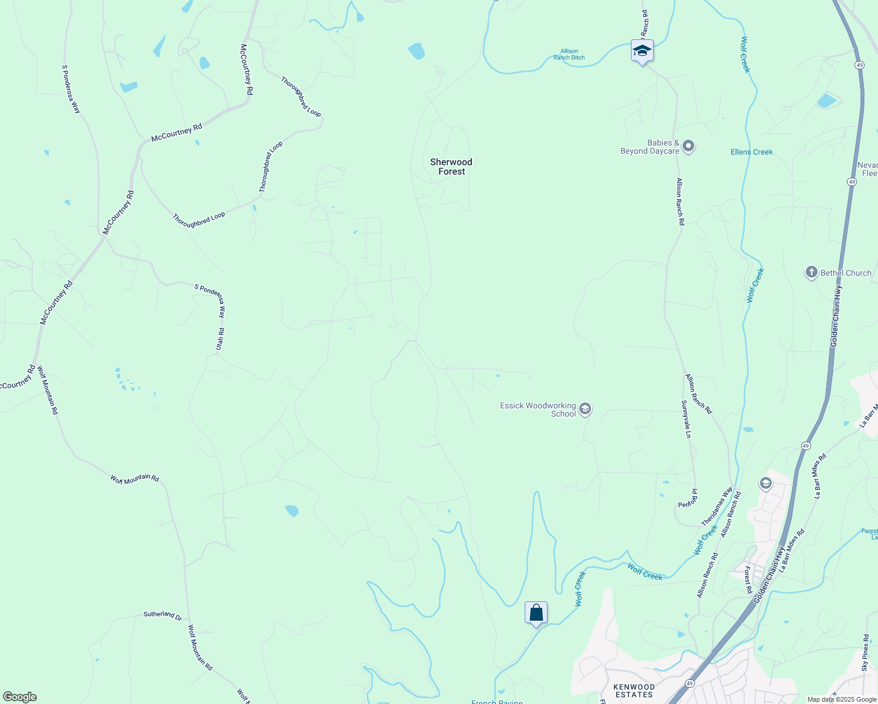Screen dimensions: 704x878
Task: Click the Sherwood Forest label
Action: pyautogui.click(x=451, y=167)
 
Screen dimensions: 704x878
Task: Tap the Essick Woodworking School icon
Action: pyautogui.click(x=585, y=409)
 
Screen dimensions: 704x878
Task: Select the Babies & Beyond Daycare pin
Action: pyautogui.click(x=688, y=146)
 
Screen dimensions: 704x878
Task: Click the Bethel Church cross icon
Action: pyautogui.click(x=812, y=272)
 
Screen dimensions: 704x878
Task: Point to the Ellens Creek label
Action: pyautogui.click(x=751, y=152)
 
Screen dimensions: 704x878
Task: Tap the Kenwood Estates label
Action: pyautogui.click(x=634, y=691)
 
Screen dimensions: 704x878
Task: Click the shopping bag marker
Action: pyautogui.click(x=536, y=613)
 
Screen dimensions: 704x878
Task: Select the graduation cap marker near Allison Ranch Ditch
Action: pyautogui.click(x=642, y=51)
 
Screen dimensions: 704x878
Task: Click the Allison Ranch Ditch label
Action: pyautogui.click(x=569, y=55)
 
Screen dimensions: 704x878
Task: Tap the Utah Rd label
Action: pyautogui.click(x=220, y=339)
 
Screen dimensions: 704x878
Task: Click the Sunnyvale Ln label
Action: pyautogui.click(x=686, y=419)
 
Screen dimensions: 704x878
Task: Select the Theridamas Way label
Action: pyautogui.click(x=717, y=506)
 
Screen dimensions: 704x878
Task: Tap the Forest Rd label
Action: pyautogui.click(x=748, y=579)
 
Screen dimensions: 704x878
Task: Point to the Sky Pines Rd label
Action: pyautogui.click(x=865, y=652)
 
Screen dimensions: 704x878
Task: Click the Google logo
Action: pyautogui.click(x=19, y=697)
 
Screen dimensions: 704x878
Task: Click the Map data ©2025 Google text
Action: pyautogui.click(x=842, y=699)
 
